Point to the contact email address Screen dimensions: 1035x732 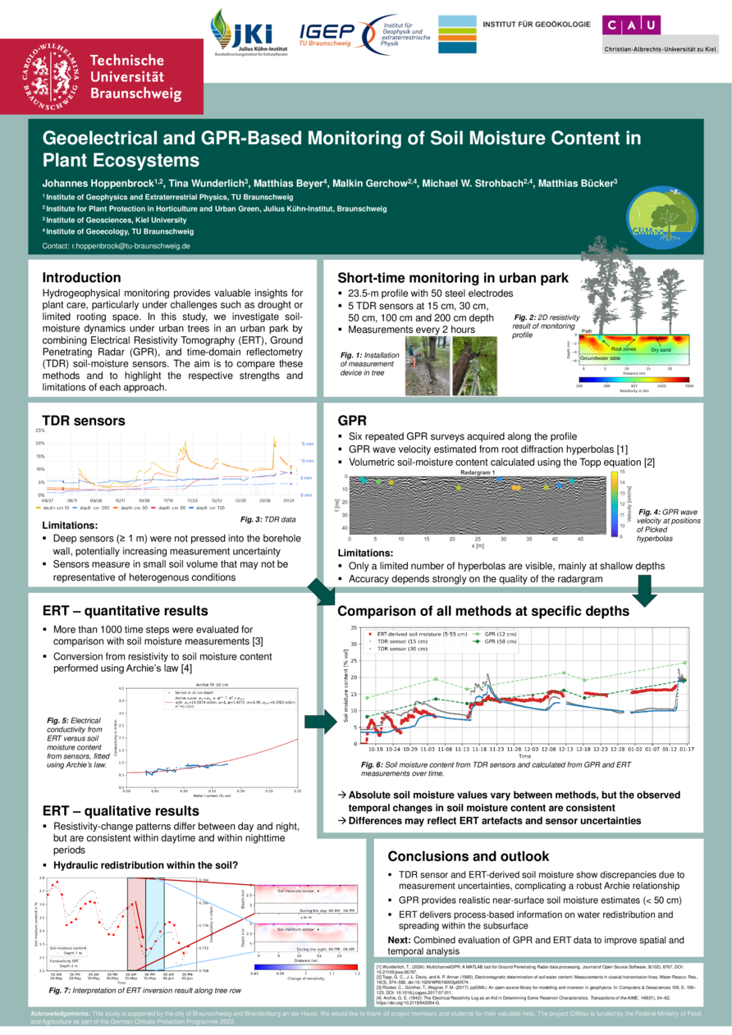tap(117, 246)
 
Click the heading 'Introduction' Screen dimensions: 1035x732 tap(81, 277)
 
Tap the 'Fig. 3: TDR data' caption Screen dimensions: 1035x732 tap(268, 519)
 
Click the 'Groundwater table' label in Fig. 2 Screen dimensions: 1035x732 tap(600, 358)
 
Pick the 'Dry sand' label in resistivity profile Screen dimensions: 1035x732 tap(661, 349)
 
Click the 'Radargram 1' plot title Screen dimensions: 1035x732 tap(478, 473)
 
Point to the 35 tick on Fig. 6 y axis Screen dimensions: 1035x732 tap(354, 628)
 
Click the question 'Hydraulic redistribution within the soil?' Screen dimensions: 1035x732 tap(145, 865)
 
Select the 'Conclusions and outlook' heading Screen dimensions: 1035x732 tap(468, 856)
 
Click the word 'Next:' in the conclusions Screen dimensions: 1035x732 tap(399, 939)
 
